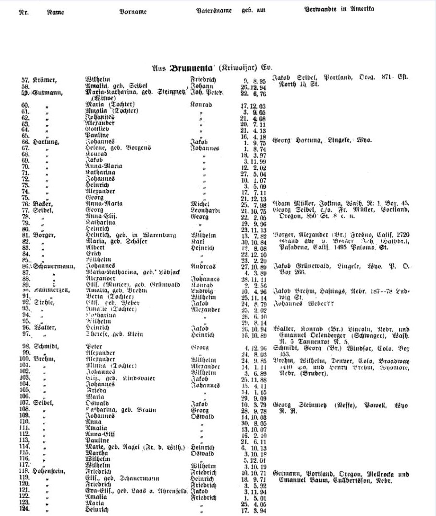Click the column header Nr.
pos(23,12)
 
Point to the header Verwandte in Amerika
pos(339,9)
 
